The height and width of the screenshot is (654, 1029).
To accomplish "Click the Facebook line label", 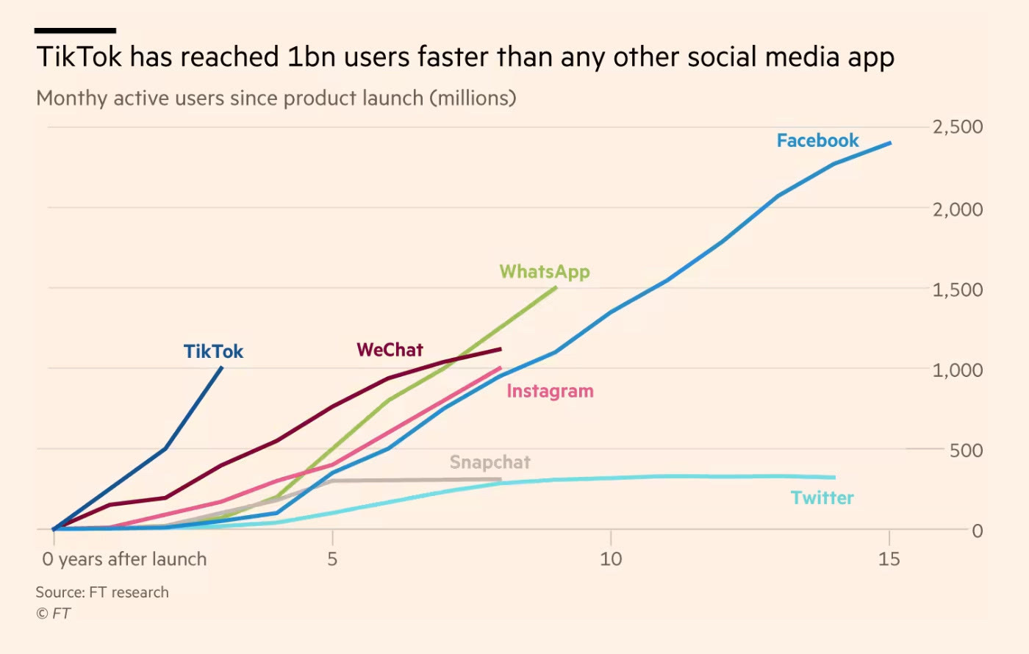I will pyautogui.click(x=817, y=140).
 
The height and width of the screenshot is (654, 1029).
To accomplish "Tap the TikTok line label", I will pyautogui.click(x=213, y=351).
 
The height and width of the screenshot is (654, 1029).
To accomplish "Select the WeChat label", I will pyautogui.click(x=390, y=350).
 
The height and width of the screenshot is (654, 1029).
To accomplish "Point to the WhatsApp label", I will pyautogui.click(x=545, y=272).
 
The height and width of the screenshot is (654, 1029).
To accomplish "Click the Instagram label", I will pyautogui.click(x=550, y=391).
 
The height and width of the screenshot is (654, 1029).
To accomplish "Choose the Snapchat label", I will pyautogui.click(x=490, y=462).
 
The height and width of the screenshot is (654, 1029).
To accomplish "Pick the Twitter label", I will pyautogui.click(x=822, y=497).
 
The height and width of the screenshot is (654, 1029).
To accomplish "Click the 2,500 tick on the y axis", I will pyautogui.click(x=957, y=127).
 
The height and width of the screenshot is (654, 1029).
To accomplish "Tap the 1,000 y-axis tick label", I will pyautogui.click(x=957, y=370).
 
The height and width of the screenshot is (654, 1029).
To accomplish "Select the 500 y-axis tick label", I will pyautogui.click(x=966, y=450).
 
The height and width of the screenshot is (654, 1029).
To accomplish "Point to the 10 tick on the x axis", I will pyautogui.click(x=610, y=559).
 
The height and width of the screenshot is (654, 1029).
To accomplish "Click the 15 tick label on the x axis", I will pyautogui.click(x=889, y=559).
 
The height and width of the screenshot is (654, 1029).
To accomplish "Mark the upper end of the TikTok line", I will pyautogui.click(x=222, y=367).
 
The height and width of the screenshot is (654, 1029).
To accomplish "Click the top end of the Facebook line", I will pyautogui.click(x=890, y=143).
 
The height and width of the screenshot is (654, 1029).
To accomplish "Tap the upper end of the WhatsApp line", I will pyautogui.click(x=556, y=287).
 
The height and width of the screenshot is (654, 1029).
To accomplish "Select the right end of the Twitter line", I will pyautogui.click(x=834, y=477).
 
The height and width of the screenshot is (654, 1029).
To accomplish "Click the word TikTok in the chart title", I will pyautogui.click(x=79, y=57).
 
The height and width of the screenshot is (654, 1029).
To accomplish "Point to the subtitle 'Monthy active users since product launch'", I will pyautogui.click(x=276, y=98).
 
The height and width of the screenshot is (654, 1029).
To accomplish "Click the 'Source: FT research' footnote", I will pyautogui.click(x=102, y=592).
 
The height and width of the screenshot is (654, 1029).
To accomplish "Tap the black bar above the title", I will pyautogui.click(x=75, y=31).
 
